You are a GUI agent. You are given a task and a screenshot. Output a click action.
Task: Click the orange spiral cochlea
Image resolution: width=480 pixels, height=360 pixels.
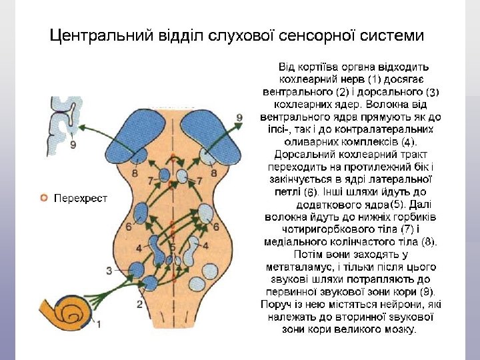pyautogui.click(x=73, y=309)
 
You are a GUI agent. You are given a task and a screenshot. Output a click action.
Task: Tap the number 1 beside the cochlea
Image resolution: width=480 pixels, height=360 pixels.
pyautogui.click(x=99, y=324)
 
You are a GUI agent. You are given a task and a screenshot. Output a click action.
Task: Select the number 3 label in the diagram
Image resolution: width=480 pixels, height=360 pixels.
pyautogui.click(x=109, y=270)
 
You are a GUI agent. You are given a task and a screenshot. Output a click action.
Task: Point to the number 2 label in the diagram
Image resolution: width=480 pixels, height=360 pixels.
pyautogui.click(x=139, y=304)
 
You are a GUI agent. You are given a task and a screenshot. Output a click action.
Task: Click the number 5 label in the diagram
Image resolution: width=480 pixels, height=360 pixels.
pyautogui.click(x=172, y=247)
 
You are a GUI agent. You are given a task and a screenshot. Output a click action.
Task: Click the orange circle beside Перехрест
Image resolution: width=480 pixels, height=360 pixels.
pyautogui.click(x=44, y=198)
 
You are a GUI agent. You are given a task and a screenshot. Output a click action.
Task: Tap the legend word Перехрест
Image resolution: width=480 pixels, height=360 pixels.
pyautogui.click(x=81, y=199)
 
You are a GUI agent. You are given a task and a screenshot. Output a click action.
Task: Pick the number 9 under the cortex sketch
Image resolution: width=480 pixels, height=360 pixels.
pyautogui.click(x=73, y=144)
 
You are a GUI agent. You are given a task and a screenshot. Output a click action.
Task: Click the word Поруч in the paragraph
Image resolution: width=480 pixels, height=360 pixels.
pyautogui.click(x=275, y=304)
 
